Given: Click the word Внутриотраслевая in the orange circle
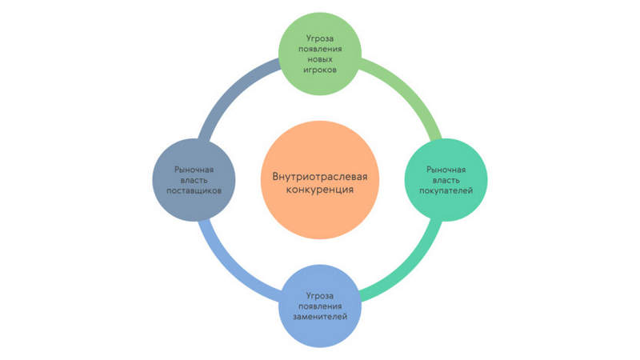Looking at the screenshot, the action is (320, 177).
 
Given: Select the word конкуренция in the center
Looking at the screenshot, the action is (320, 190).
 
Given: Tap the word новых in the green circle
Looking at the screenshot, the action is (320, 59).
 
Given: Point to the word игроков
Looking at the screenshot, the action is (320, 70).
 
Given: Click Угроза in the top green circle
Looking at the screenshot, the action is (320, 38).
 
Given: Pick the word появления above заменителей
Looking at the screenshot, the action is (320, 306).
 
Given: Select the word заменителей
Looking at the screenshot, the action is (320, 316).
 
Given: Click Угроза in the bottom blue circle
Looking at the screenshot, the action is (320, 295).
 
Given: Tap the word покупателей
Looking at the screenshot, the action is (446, 190).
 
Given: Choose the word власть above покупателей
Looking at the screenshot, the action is (446, 180).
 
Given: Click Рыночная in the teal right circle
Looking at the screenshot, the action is (446, 170).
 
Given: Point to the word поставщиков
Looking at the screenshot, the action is (194, 190).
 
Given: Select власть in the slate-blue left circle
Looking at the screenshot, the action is (194, 180).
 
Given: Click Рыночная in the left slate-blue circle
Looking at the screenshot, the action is (194, 170).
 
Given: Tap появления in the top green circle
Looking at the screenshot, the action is (320, 49).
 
